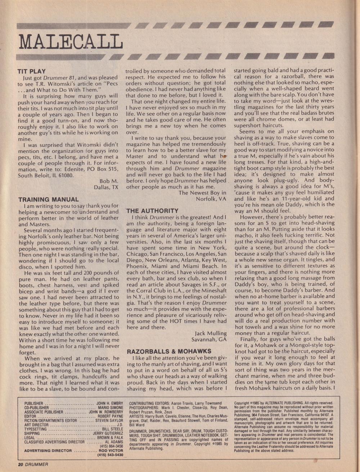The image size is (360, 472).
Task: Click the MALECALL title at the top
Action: coord(71,42)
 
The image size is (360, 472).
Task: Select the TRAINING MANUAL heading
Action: coord(49,199)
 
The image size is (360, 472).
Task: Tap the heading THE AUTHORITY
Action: coord(152,211)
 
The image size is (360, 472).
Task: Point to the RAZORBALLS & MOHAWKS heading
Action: coord(169,351)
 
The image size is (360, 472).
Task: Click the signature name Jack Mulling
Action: coord(211,333)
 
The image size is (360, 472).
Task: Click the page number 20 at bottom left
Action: coord(21,464)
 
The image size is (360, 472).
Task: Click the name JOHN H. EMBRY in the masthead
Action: coord(110,404)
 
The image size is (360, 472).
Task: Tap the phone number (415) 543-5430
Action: coord(110,455)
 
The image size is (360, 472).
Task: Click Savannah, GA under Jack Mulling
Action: coord(210,340)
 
